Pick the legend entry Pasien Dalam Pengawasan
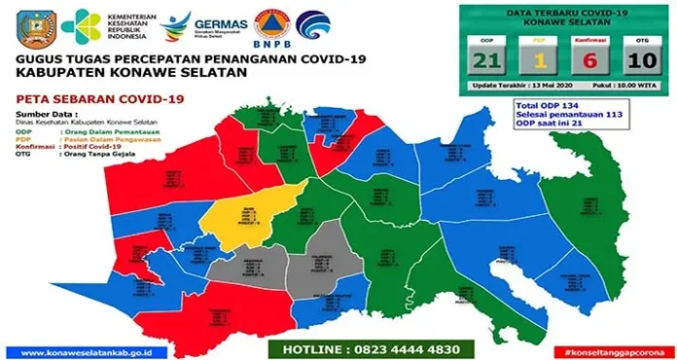click(104, 138)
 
